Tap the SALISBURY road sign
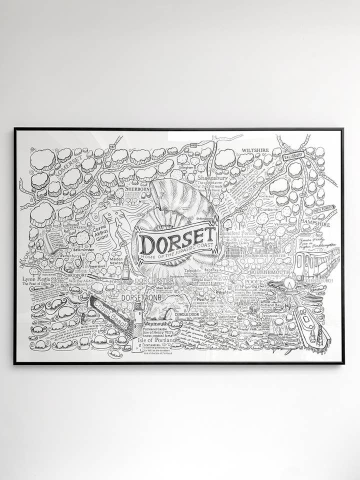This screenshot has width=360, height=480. pyautogui.click(x=293, y=156)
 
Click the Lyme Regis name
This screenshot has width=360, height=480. pyautogui.click(x=36, y=279)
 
